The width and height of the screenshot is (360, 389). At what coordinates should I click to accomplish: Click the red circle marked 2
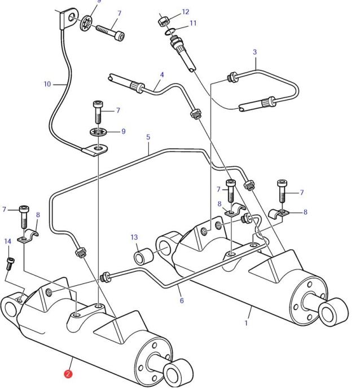68,373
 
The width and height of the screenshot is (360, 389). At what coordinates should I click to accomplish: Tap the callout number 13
134,237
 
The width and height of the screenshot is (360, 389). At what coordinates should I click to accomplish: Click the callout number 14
8,241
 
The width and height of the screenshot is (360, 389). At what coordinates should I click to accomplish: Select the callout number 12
186,12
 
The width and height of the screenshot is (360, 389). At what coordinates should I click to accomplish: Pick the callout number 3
255,52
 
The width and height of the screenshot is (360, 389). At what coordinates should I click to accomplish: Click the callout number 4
162,74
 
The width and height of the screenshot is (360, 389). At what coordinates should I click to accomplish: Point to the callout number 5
148,136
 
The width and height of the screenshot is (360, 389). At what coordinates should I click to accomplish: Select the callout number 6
182,300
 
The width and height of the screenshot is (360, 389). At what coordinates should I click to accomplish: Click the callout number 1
246,325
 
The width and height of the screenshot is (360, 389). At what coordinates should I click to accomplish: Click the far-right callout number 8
305,213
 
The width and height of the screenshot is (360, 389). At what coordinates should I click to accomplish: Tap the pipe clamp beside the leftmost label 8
30,236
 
